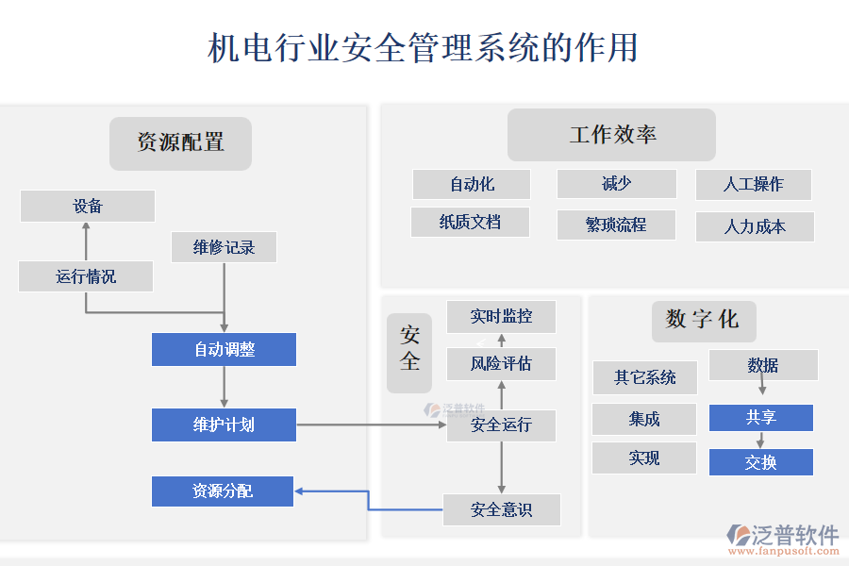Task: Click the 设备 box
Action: [88, 207]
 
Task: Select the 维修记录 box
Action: [224, 247]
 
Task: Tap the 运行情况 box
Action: [86, 276]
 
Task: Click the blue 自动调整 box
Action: [224, 349]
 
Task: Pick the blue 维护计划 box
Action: [224, 424]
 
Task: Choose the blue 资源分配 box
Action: [223, 491]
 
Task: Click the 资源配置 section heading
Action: [180, 143]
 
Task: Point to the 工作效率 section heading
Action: [611, 135]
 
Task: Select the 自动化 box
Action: [472, 184]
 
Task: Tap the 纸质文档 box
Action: [470, 223]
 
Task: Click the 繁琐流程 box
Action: [616, 225]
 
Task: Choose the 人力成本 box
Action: [755, 226]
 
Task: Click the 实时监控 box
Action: [501, 317]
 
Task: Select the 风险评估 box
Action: [501, 363]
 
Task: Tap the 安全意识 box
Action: [501, 510]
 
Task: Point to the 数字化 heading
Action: [703, 320]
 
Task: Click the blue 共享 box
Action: [760, 418]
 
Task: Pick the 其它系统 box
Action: [645, 377]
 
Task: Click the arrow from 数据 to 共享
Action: [761, 388]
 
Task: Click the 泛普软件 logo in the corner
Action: [783, 539]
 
